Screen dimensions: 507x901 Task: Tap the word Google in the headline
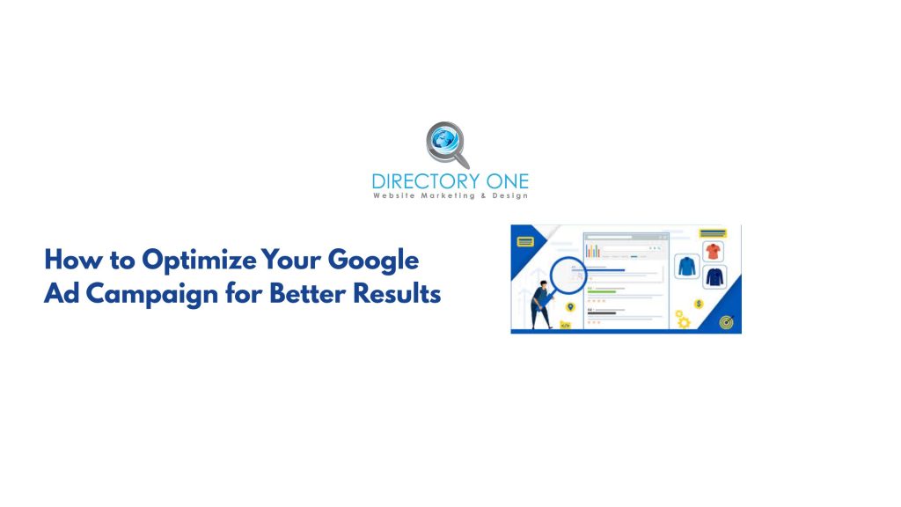click(373, 261)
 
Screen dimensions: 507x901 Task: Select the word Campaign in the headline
click(136, 294)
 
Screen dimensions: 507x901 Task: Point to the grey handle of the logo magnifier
click(461, 161)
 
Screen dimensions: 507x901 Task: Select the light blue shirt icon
click(687, 266)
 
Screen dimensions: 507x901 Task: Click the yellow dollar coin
click(698, 304)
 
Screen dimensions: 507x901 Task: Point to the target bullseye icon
click(726, 321)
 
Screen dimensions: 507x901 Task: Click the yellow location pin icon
click(570, 307)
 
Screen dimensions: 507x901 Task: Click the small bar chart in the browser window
click(601, 252)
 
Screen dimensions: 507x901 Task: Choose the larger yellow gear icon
click(684, 322)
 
